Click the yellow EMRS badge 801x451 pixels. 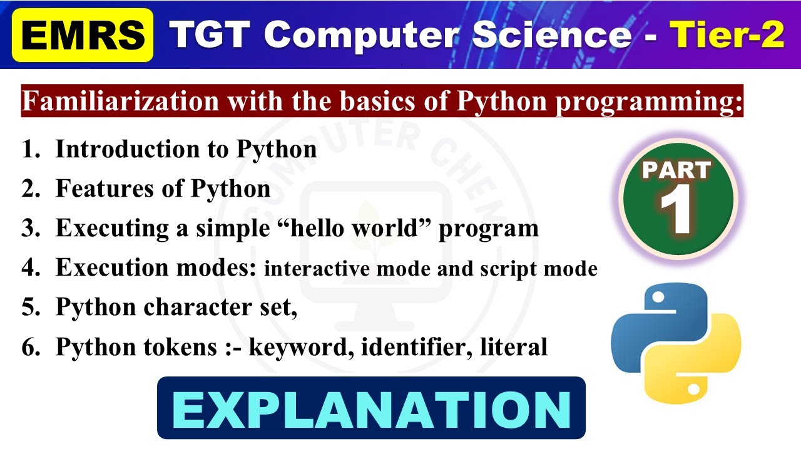click(82, 35)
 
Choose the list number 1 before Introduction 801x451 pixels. click(29, 150)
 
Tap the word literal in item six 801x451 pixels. click(514, 346)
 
